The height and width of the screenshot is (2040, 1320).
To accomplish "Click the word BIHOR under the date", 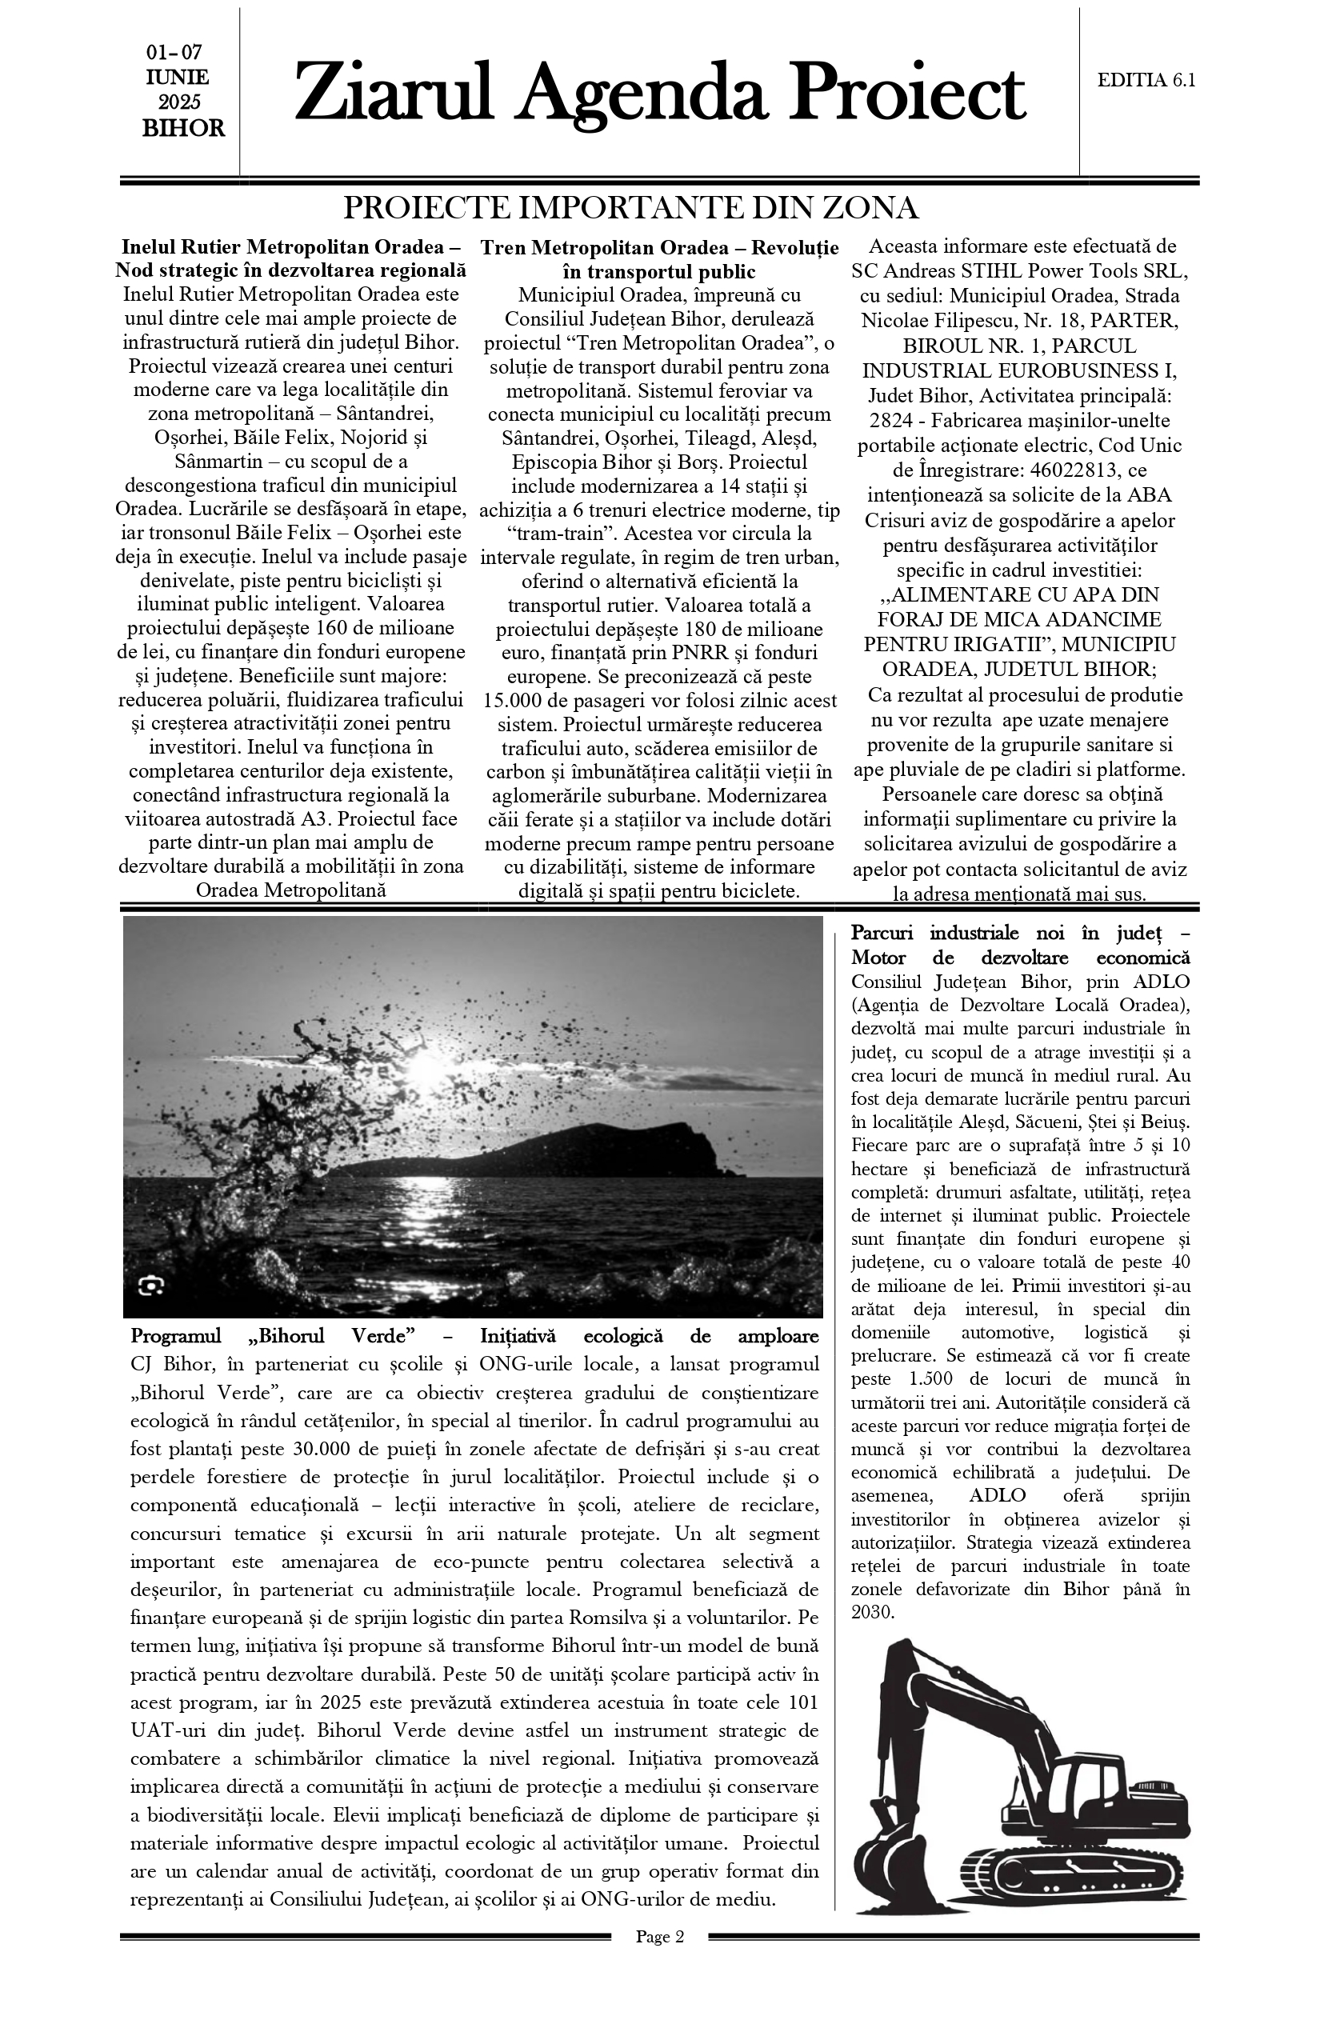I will click(x=183, y=129).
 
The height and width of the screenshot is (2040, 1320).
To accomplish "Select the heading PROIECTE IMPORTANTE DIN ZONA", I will click(x=631, y=208).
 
